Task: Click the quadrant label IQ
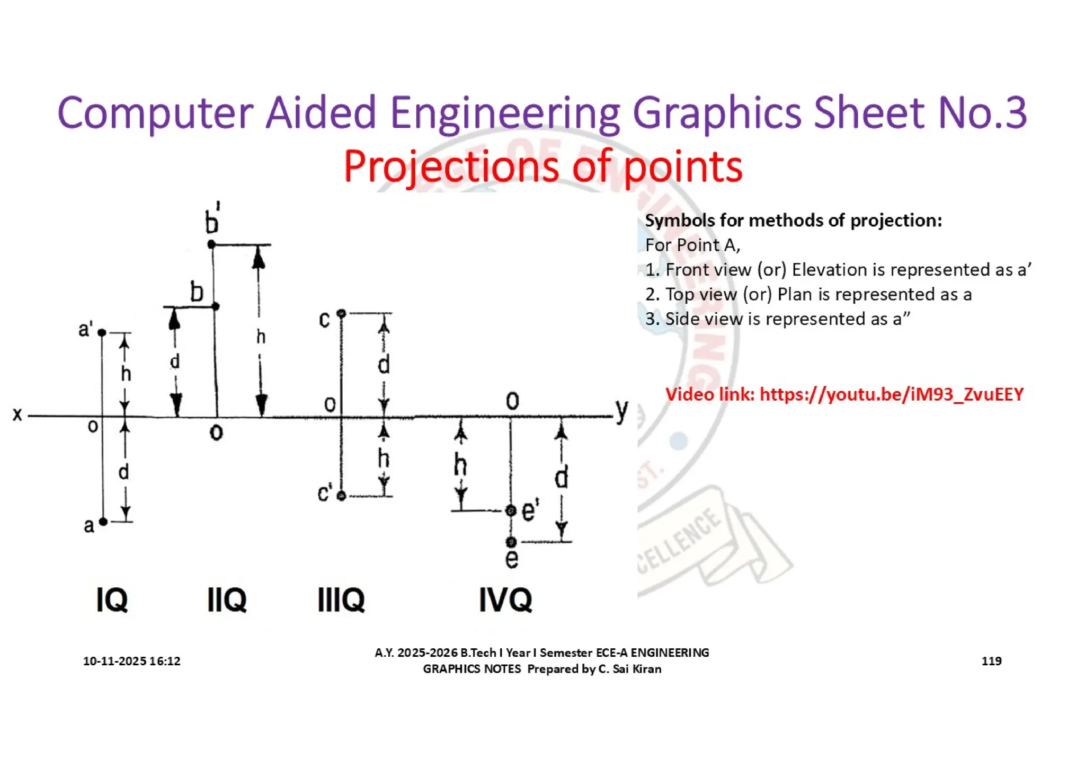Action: [112, 600]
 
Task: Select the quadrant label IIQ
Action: [227, 600]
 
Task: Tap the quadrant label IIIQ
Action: [341, 600]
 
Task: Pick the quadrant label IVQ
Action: [505, 600]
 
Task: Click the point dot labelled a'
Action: [102, 332]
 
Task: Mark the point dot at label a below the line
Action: [103, 522]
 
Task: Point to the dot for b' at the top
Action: [211, 244]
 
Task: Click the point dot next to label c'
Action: [341, 496]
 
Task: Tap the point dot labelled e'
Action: [511, 510]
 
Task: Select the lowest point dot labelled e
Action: [511, 542]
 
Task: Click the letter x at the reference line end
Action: [17, 414]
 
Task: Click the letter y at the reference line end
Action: [621, 410]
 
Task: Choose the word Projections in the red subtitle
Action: [451, 166]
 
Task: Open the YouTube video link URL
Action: [891, 394]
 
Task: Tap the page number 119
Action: [991, 661]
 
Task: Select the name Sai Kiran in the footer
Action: [637, 669]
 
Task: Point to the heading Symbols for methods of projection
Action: [793, 221]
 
